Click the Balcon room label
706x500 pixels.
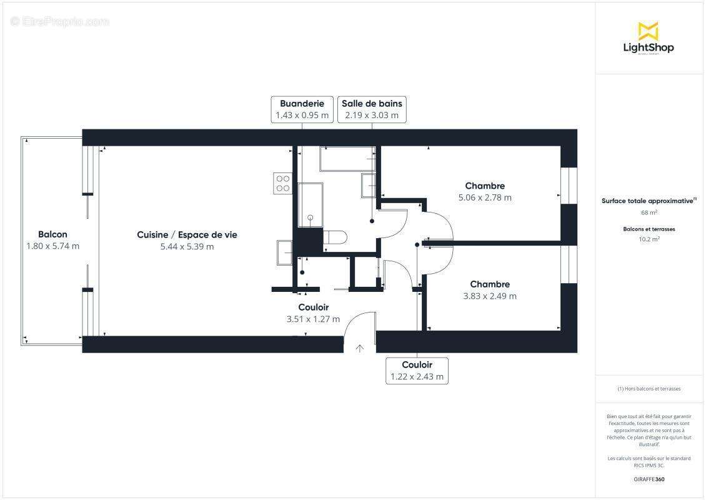pos(52,234)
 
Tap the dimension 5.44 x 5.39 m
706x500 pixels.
pos(187,247)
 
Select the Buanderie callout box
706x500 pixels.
pos(302,109)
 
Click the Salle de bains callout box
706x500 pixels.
pos(372,109)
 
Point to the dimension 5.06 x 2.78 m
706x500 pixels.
pos(485,197)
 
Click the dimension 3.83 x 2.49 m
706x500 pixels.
pos(490,296)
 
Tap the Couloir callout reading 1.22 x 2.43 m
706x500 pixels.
pos(417,371)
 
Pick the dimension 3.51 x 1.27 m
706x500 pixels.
pos(313,319)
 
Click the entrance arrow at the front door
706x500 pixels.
pos(360,348)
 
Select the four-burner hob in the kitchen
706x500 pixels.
pos(283,182)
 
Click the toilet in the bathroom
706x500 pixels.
pos(336,237)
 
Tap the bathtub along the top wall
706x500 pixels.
pos(347,159)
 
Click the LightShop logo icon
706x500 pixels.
pos(648,31)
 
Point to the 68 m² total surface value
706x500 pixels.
pos(649,212)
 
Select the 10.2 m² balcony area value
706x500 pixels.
pos(649,239)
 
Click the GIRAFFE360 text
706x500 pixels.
pos(649,479)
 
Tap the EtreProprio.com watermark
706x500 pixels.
pos(60,22)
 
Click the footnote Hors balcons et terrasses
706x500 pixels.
pos(649,389)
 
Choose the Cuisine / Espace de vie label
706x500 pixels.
pos(187,235)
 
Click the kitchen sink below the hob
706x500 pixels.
pos(284,252)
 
